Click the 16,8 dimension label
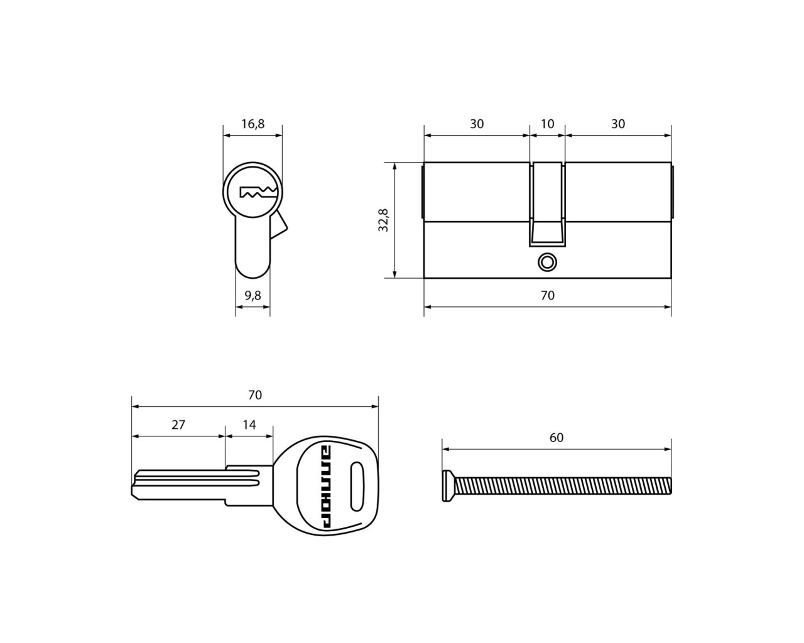tap(253, 124)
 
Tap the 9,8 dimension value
tap(253, 296)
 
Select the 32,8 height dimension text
tap(383, 220)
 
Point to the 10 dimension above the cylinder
tap(547, 124)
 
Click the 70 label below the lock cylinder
tap(547, 296)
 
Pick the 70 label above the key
tap(255, 395)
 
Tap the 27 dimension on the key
tap(178, 425)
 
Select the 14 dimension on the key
tap(249, 425)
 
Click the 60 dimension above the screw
tap(557, 438)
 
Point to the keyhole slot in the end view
tap(258, 192)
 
